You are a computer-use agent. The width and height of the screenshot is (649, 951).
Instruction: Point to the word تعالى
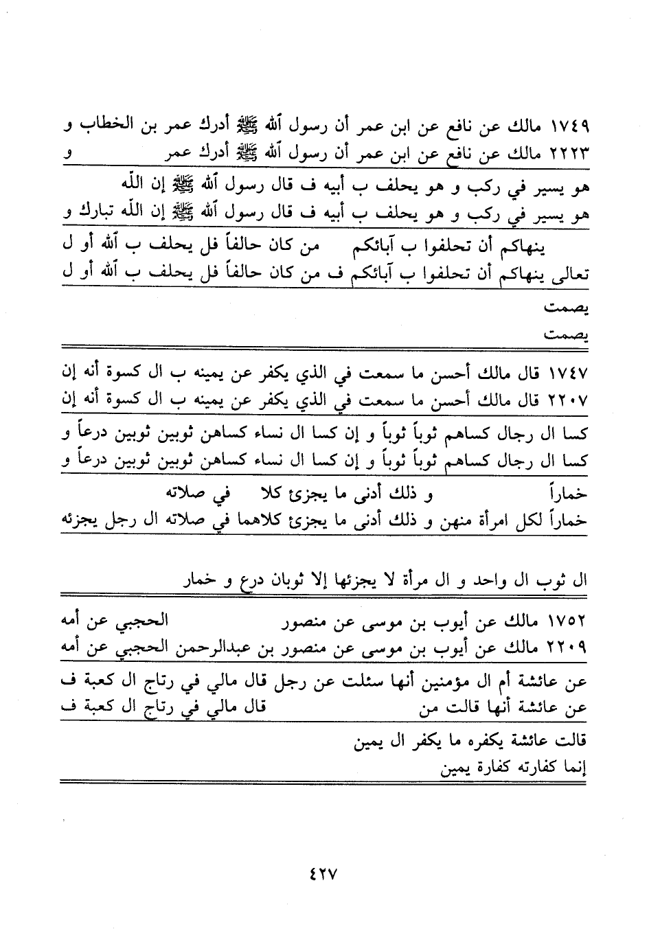coord(569,274)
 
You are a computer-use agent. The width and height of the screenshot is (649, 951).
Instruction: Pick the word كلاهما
coord(255,521)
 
